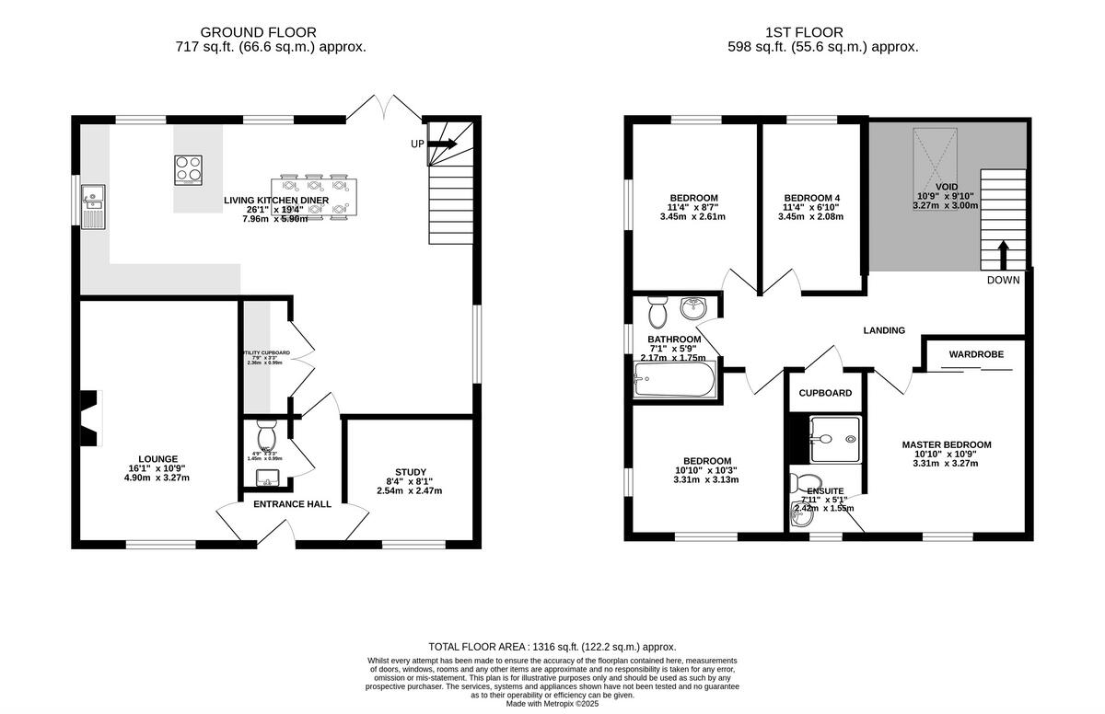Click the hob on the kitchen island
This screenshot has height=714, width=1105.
click(x=189, y=169)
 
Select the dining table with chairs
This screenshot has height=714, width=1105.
click(x=314, y=195)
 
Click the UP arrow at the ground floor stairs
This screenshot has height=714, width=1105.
click(x=441, y=144)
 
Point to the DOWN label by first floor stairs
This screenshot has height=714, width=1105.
click(x=1003, y=280)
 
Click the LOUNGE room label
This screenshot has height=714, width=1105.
click(x=157, y=458)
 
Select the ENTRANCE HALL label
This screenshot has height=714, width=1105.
click(x=292, y=504)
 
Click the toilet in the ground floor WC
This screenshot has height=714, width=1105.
click(x=265, y=435)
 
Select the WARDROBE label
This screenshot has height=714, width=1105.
click(x=976, y=353)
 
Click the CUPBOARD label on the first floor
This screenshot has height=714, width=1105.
click(x=824, y=393)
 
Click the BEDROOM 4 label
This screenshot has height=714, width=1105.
click(x=811, y=198)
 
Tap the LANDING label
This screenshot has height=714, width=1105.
click(x=883, y=330)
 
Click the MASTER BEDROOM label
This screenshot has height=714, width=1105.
click(x=946, y=444)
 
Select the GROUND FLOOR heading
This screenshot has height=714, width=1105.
click(x=244, y=32)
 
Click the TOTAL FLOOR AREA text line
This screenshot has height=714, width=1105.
click(x=552, y=647)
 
